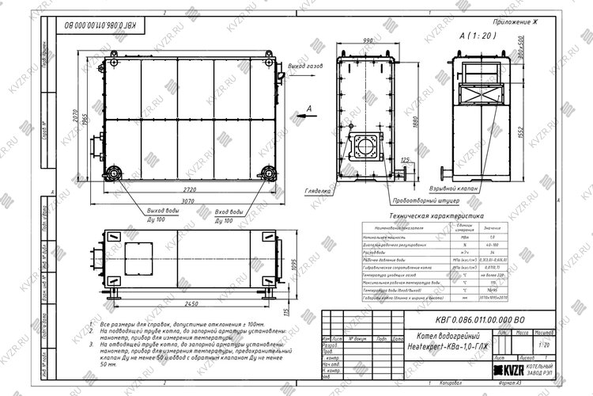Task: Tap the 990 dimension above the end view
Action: (368, 40)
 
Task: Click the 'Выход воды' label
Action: (162, 212)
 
